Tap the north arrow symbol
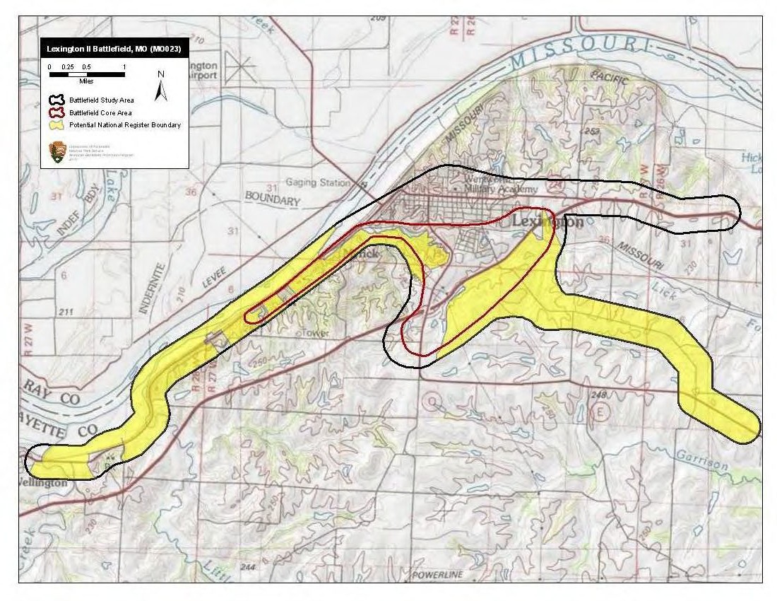[x=161, y=86]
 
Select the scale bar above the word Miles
[x=86, y=74]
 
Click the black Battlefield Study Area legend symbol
[x=57, y=100]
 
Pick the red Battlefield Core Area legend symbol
[x=57, y=112]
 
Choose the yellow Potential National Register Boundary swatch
[x=57, y=125]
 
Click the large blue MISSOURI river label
[x=579, y=53]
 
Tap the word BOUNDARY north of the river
[x=272, y=201]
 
